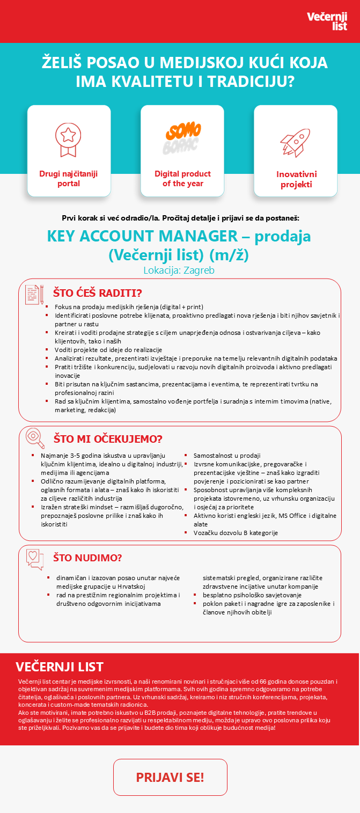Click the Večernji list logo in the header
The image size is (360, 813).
[x=326, y=21]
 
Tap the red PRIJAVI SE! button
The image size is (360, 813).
[x=170, y=777]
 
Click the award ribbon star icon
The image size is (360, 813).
[x=68, y=138]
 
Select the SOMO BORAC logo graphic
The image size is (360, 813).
[x=182, y=138]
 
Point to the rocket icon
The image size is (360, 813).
[x=295, y=142]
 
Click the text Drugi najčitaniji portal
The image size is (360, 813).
[x=69, y=179]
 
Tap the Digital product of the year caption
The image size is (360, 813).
[x=182, y=179]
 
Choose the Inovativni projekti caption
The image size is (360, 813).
[x=296, y=179]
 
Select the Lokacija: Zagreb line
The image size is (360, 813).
[x=179, y=270]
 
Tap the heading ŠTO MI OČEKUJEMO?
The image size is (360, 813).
[x=107, y=439]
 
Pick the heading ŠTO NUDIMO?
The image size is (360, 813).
[x=87, y=558]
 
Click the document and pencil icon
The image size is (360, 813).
[x=34, y=294]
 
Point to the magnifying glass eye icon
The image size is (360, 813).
[x=35, y=438]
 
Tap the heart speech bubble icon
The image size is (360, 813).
[x=35, y=559]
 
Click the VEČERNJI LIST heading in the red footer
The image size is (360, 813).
[x=60, y=667]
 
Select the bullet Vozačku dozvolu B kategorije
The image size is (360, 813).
[x=236, y=533]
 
